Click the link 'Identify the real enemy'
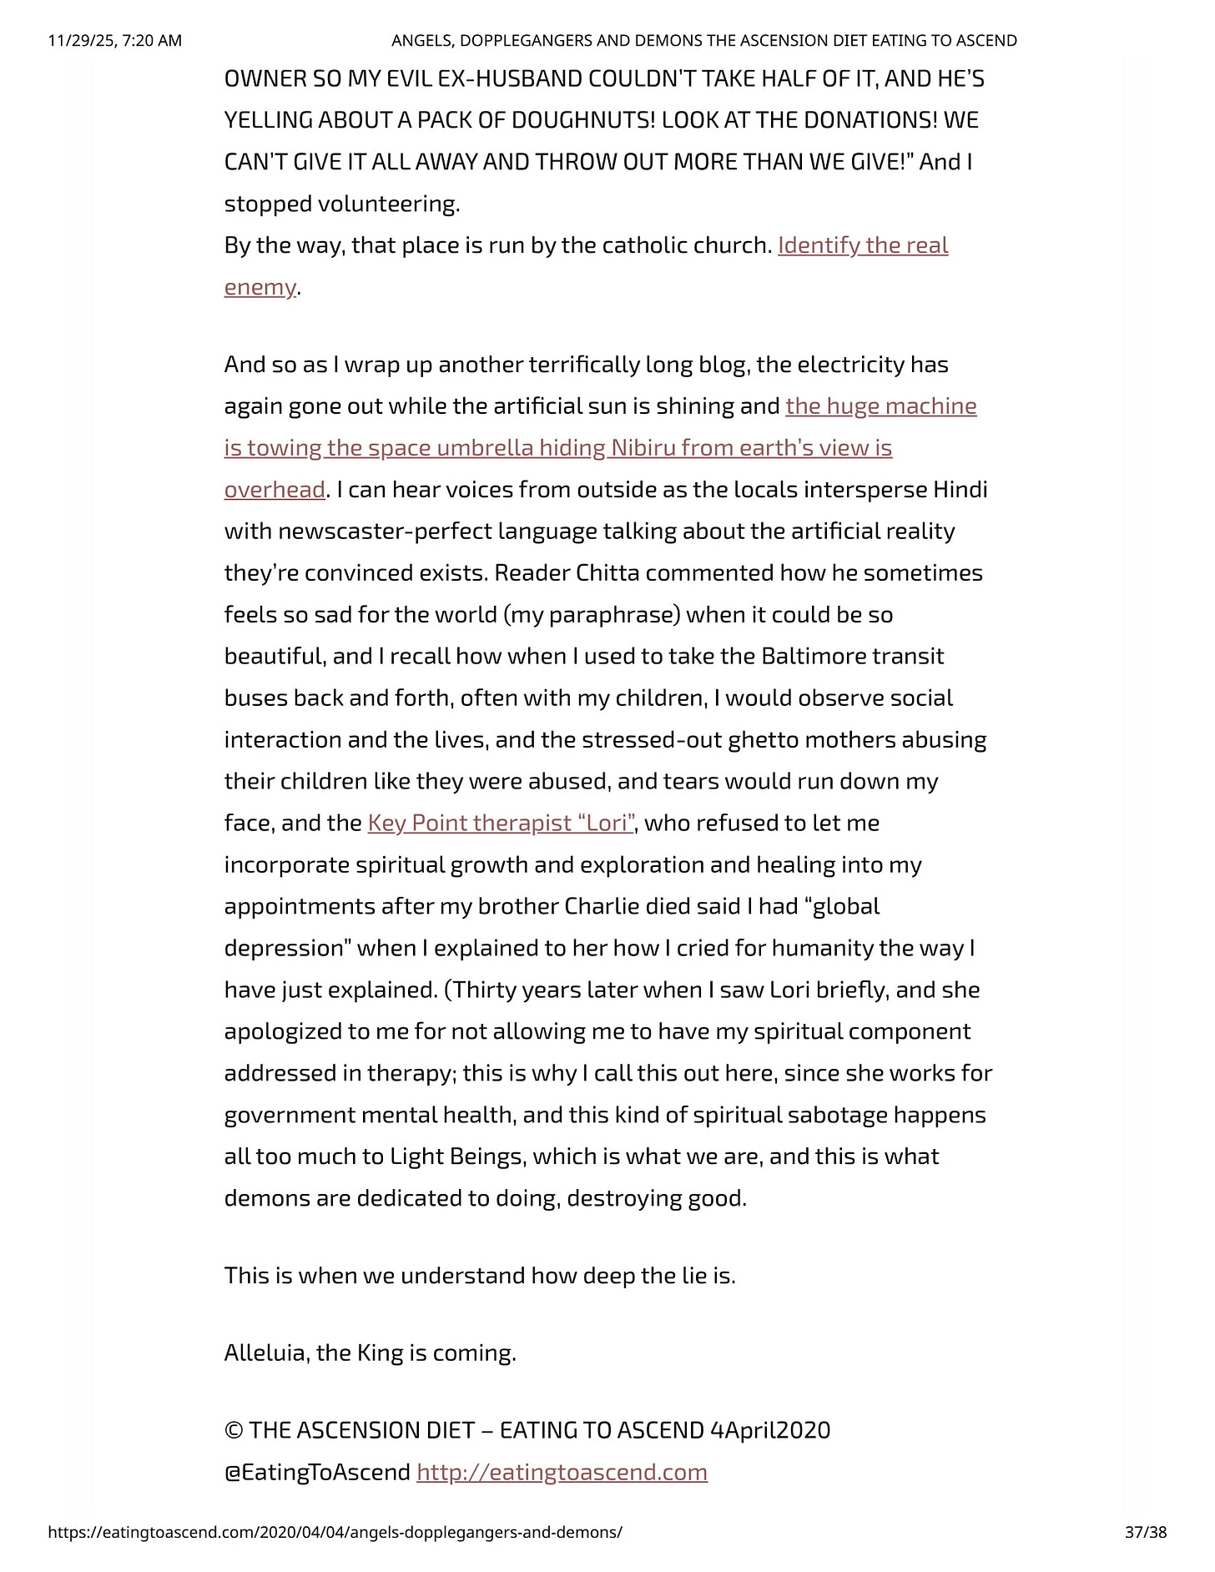862,245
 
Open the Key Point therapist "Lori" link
501,823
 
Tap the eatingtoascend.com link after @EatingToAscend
562,1472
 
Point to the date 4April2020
770,1430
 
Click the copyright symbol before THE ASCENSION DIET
233,1430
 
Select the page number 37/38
1145,1532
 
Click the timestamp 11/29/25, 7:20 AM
115,40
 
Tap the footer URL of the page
335,1532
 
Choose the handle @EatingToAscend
317,1472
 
